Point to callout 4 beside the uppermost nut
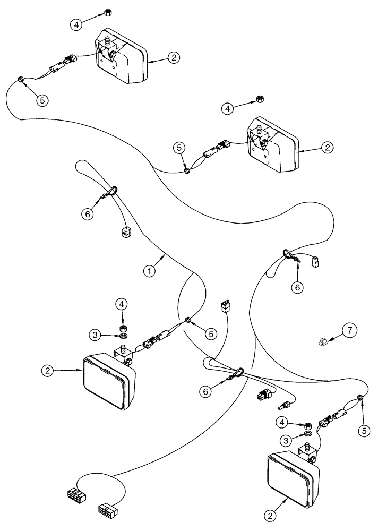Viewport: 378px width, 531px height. [x=77, y=24]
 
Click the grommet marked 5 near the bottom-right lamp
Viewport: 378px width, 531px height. [x=360, y=397]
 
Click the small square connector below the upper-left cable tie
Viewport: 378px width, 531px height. [x=126, y=232]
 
